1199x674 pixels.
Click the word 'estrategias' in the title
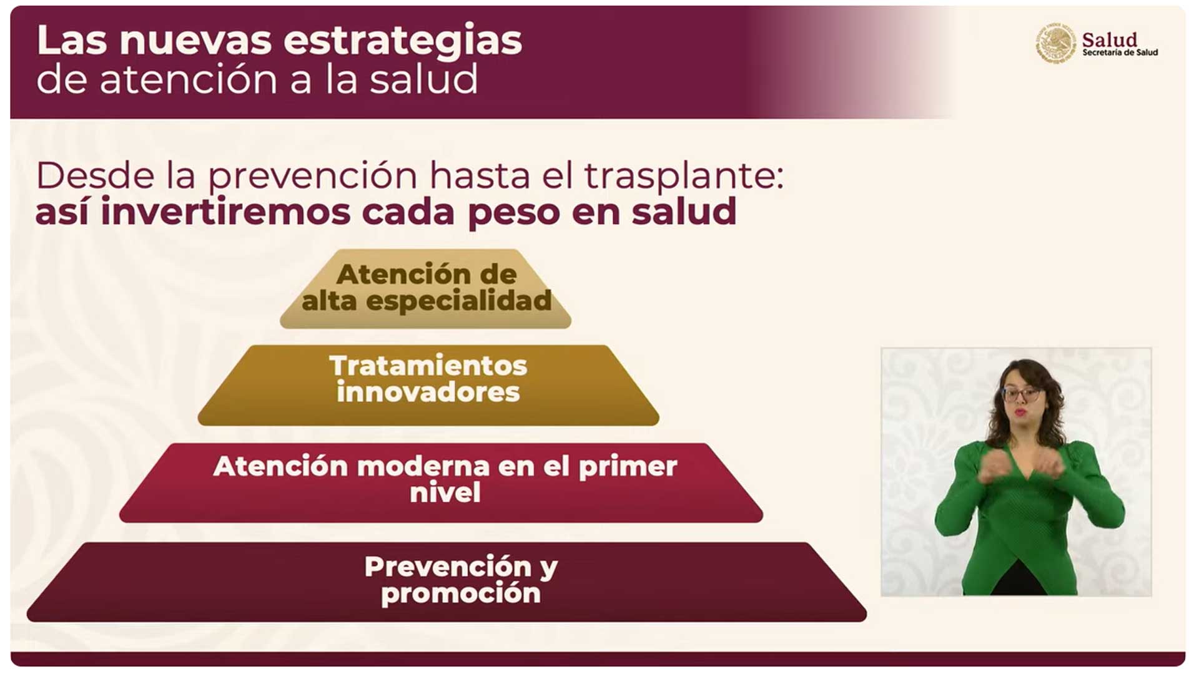403,41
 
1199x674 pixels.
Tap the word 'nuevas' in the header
195,41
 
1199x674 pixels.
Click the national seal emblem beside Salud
1055,43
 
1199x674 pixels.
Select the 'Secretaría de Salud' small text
1120,53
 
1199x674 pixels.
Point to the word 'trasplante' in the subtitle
683,177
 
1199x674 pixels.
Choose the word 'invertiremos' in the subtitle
225,212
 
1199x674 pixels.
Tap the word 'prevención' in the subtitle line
312,177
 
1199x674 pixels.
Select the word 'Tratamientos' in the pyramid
428,366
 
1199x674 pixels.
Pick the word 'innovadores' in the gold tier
428,393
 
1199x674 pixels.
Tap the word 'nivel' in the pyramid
445,493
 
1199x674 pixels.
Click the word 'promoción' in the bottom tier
461,593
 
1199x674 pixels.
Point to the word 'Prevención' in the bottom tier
448,567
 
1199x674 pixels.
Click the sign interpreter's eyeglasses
1022,394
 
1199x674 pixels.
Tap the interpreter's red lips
1020,413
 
